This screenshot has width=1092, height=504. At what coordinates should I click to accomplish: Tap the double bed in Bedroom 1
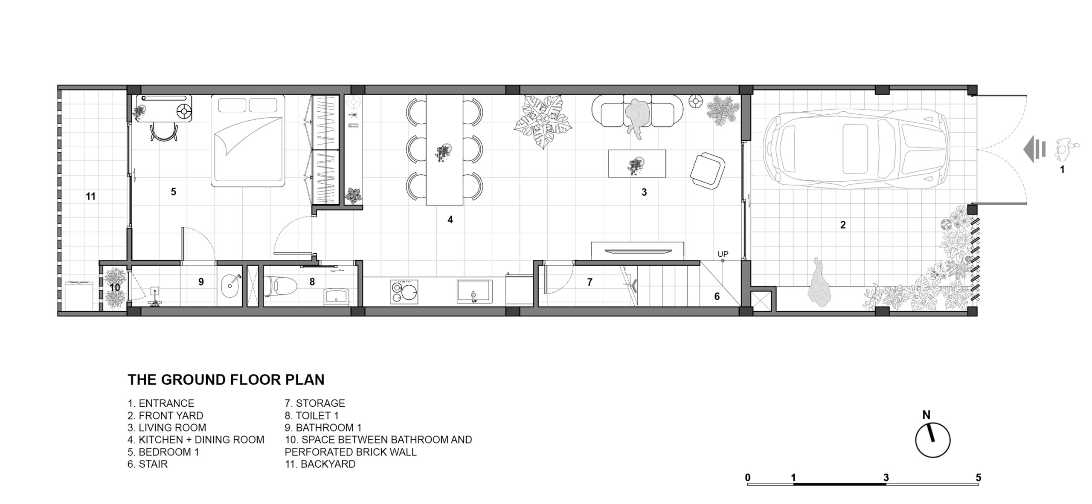tap(248, 141)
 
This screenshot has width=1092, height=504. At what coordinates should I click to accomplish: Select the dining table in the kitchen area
tap(444, 150)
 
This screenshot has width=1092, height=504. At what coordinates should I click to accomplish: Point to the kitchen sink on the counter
tap(474, 291)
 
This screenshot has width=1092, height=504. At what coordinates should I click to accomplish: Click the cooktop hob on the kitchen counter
tap(404, 292)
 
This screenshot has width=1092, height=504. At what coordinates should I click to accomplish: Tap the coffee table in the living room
tap(637, 163)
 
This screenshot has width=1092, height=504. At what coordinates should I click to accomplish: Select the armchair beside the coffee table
tap(707, 171)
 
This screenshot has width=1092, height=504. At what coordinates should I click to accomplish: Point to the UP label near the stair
tap(723, 254)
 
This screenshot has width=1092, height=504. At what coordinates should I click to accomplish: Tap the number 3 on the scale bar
tap(886, 478)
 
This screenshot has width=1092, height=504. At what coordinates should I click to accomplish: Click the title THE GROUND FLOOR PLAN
tap(226, 380)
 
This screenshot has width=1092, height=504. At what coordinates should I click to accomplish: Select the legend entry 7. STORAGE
tap(315, 403)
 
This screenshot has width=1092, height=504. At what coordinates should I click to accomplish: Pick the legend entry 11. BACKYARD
tap(320, 464)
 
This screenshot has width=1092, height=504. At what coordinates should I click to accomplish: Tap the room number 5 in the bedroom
tap(174, 192)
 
